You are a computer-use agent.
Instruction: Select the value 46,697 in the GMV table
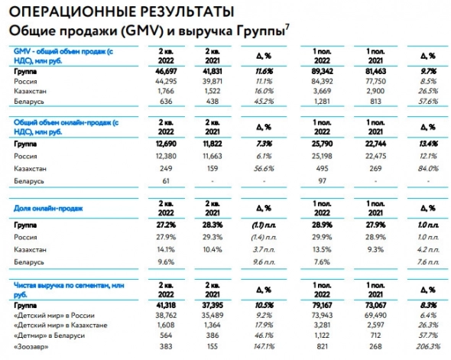tap(155, 69)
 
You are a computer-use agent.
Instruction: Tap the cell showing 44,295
tap(155, 79)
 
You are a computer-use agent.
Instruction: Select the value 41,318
tap(155, 303)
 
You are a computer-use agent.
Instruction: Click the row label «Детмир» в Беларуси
tap(50, 335)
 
